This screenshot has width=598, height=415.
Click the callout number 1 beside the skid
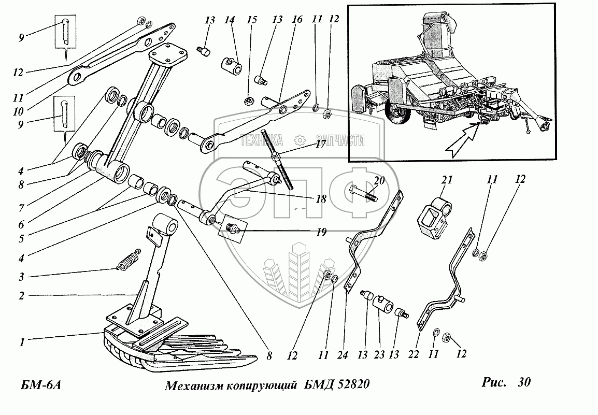point(22,341)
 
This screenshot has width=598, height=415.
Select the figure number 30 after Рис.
point(523,383)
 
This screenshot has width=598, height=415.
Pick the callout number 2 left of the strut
point(22,296)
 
